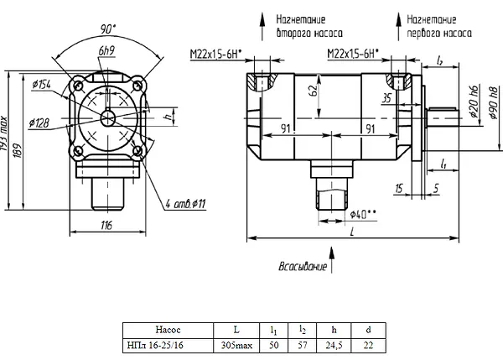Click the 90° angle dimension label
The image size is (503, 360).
pos(108,29)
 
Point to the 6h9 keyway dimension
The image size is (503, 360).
pos(106,50)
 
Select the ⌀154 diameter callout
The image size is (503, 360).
pos(41,85)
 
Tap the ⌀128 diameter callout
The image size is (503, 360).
pos(39,123)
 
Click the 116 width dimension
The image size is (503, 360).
pos(106,225)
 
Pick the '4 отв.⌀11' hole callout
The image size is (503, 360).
pos(185,204)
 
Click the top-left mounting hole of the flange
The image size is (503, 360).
pos(78,86)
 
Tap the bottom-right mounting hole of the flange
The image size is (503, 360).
pos(137,150)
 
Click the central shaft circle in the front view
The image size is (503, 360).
pos(108,118)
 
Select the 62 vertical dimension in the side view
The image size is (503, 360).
pos(314,91)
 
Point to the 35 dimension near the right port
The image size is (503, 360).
pos(386,98)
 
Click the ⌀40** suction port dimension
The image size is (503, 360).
pos(363,215)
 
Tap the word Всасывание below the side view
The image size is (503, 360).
pos(303,267)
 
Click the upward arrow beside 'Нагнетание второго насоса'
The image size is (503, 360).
pos(262,27)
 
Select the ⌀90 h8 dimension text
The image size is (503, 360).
pos(494,102)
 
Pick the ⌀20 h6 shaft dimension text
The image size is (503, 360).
pos(474,101)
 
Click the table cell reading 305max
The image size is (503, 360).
pos(236,346)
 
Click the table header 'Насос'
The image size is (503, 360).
pos(169,330)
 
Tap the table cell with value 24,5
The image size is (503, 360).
pos(334,346)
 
